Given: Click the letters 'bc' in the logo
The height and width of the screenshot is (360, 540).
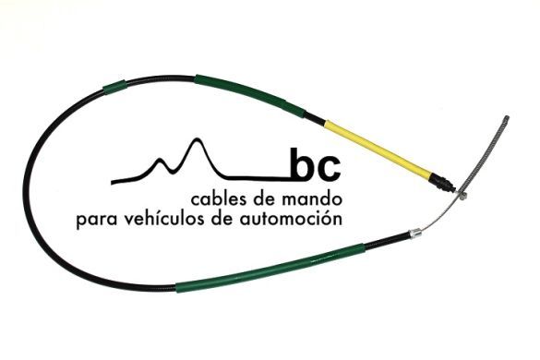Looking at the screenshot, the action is point(316,166).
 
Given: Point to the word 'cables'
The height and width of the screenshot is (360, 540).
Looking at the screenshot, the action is point(217,199).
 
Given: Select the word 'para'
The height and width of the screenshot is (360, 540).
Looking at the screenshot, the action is point(98,221).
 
